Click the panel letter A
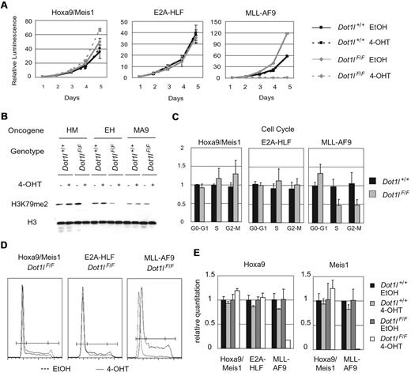6,6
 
